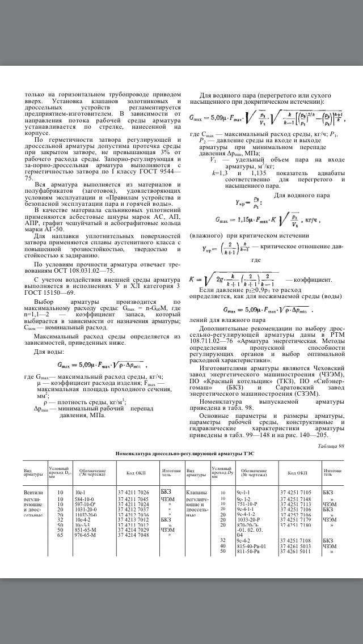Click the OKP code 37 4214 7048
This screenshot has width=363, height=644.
coord(133,534)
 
